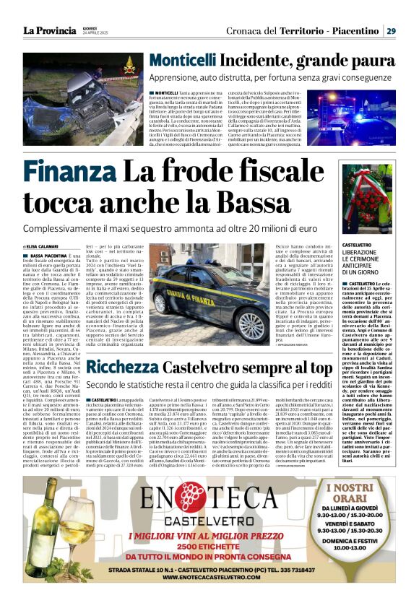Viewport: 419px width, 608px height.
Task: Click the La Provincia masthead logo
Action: pyautogui.click(x=50, y=30)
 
